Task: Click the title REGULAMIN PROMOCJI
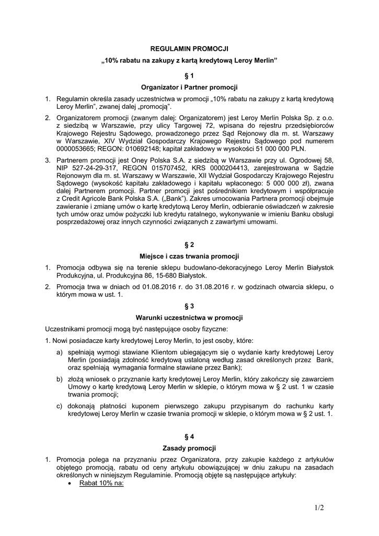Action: coord(189,48)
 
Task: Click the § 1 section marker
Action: coord(189,75)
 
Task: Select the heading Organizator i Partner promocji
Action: coord(189,87)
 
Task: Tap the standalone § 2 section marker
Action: coord(189,245)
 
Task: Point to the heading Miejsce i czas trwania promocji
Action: coord(189,256)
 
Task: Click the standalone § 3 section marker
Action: coord(189,306)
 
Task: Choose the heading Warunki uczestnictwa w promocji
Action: coord(189,318)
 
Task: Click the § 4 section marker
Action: coord(189,436)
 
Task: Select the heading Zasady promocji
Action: coord(189,448)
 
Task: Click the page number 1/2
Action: coord(319,507)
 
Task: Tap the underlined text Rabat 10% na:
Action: coord(101,484)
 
